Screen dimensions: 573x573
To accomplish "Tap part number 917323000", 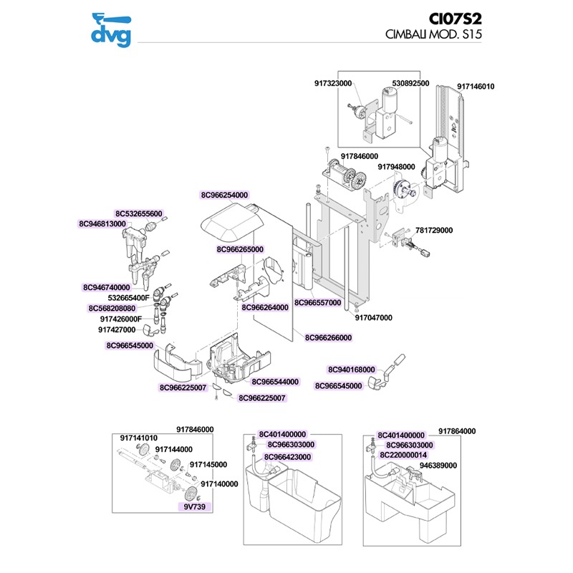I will [333, 84].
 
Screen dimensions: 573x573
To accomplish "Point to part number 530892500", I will [410, 84].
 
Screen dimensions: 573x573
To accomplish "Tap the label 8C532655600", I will [139, 213].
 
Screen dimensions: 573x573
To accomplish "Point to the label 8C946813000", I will [102, 224].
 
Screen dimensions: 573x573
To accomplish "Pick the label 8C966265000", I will [240, 250].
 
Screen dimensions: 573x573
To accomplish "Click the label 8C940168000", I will [352, 370].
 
